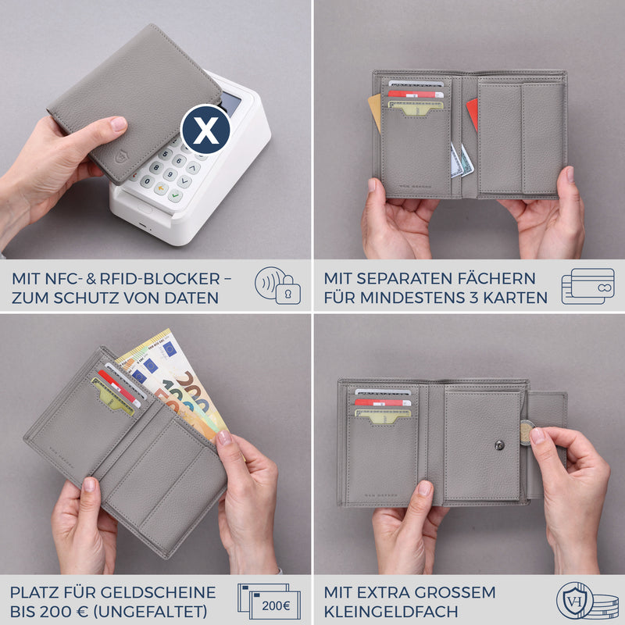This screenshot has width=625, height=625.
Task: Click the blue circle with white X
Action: pyautogui.click(x=205, y=129)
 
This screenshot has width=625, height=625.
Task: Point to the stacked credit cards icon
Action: pyautogui.click(x=587, y=286)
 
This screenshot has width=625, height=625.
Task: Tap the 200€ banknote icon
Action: pyautogui.click(x=269, y=602)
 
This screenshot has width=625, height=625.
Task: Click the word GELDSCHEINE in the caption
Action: pyautogui.click(x=158, y=592)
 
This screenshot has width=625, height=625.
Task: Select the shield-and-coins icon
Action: pyautogui.click(x=586, y=602)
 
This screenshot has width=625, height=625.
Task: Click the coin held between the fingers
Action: pyautogui.click(x=527, y=431)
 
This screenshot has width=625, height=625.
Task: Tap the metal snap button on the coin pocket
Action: pyautogui.click(x=499, y=445)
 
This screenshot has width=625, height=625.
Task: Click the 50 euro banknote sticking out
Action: pyautogui.click(x=184, y=398)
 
